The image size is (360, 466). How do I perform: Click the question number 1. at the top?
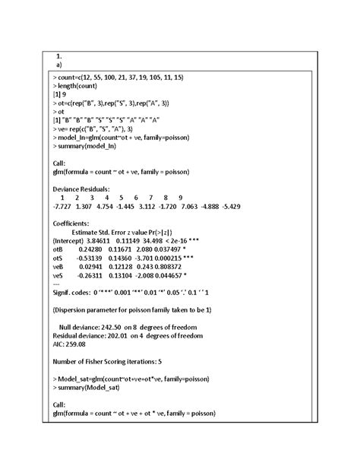pos(59,56)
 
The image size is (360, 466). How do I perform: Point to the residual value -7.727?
pos(63,206)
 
